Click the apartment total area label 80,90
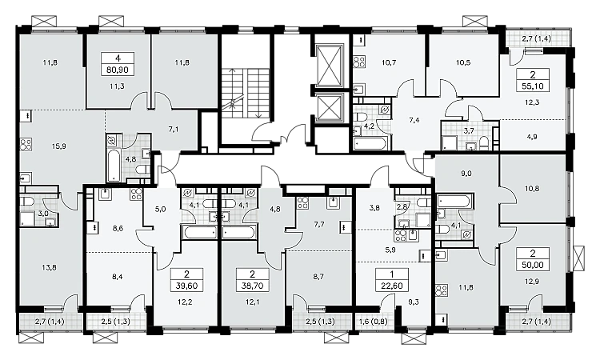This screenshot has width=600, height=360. [x=118, y=70]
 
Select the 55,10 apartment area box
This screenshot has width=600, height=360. [x=532, y=79]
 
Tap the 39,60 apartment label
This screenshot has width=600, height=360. [x=186, y=279]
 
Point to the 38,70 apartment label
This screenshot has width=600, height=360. [x=253, y=279]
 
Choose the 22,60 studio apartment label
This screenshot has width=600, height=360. [x=392, y=279]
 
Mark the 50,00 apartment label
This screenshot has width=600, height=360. [x=532, y=259]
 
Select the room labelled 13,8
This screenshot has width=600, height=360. [x=49, y=267]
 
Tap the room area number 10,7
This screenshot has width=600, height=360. [x=389, y=62]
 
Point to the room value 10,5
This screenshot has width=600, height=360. [x=463, y=62]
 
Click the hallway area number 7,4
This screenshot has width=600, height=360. [x=414, y=120]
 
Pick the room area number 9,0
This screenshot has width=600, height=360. [x=466, y=174]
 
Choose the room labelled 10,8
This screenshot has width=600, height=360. [x=532, y=189]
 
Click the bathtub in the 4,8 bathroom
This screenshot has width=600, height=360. [x=114, y=166]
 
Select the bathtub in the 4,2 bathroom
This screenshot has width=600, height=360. [x=370, y=144]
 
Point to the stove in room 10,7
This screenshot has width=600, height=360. [x=359, y=62]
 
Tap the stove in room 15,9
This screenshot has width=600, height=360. [x=26, y=145]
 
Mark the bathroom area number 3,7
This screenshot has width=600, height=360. [x=469, y=130]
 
